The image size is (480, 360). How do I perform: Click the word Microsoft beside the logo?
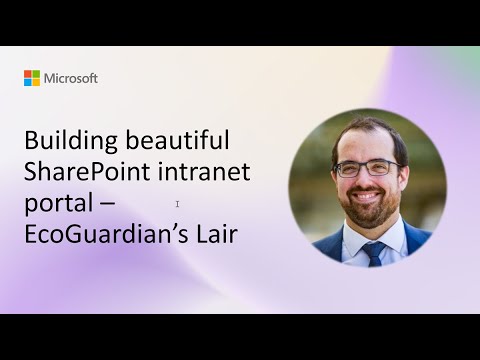pyautogui.click(x=70, y=78)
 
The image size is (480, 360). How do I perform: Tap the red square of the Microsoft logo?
pyautogui.click(x=28, y=74)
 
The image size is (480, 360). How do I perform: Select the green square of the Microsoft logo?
pyautogui.click(x=36, y=74)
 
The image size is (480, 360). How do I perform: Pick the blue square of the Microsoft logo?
pyautogui.click(x=28, y=82)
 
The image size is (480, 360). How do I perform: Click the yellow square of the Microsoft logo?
pyautogui.click(x=36, y=82)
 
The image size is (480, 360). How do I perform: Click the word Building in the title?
pyautogui.click(x=67, y=141)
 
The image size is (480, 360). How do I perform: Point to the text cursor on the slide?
pyautogui.click(x=177, y=204)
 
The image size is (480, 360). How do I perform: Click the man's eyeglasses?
pyautogui.click(x=368, y=168)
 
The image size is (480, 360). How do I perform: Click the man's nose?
pyautogui.click(x=369, y=180)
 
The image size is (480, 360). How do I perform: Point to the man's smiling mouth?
pyautogui.click(x=369, y=197)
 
